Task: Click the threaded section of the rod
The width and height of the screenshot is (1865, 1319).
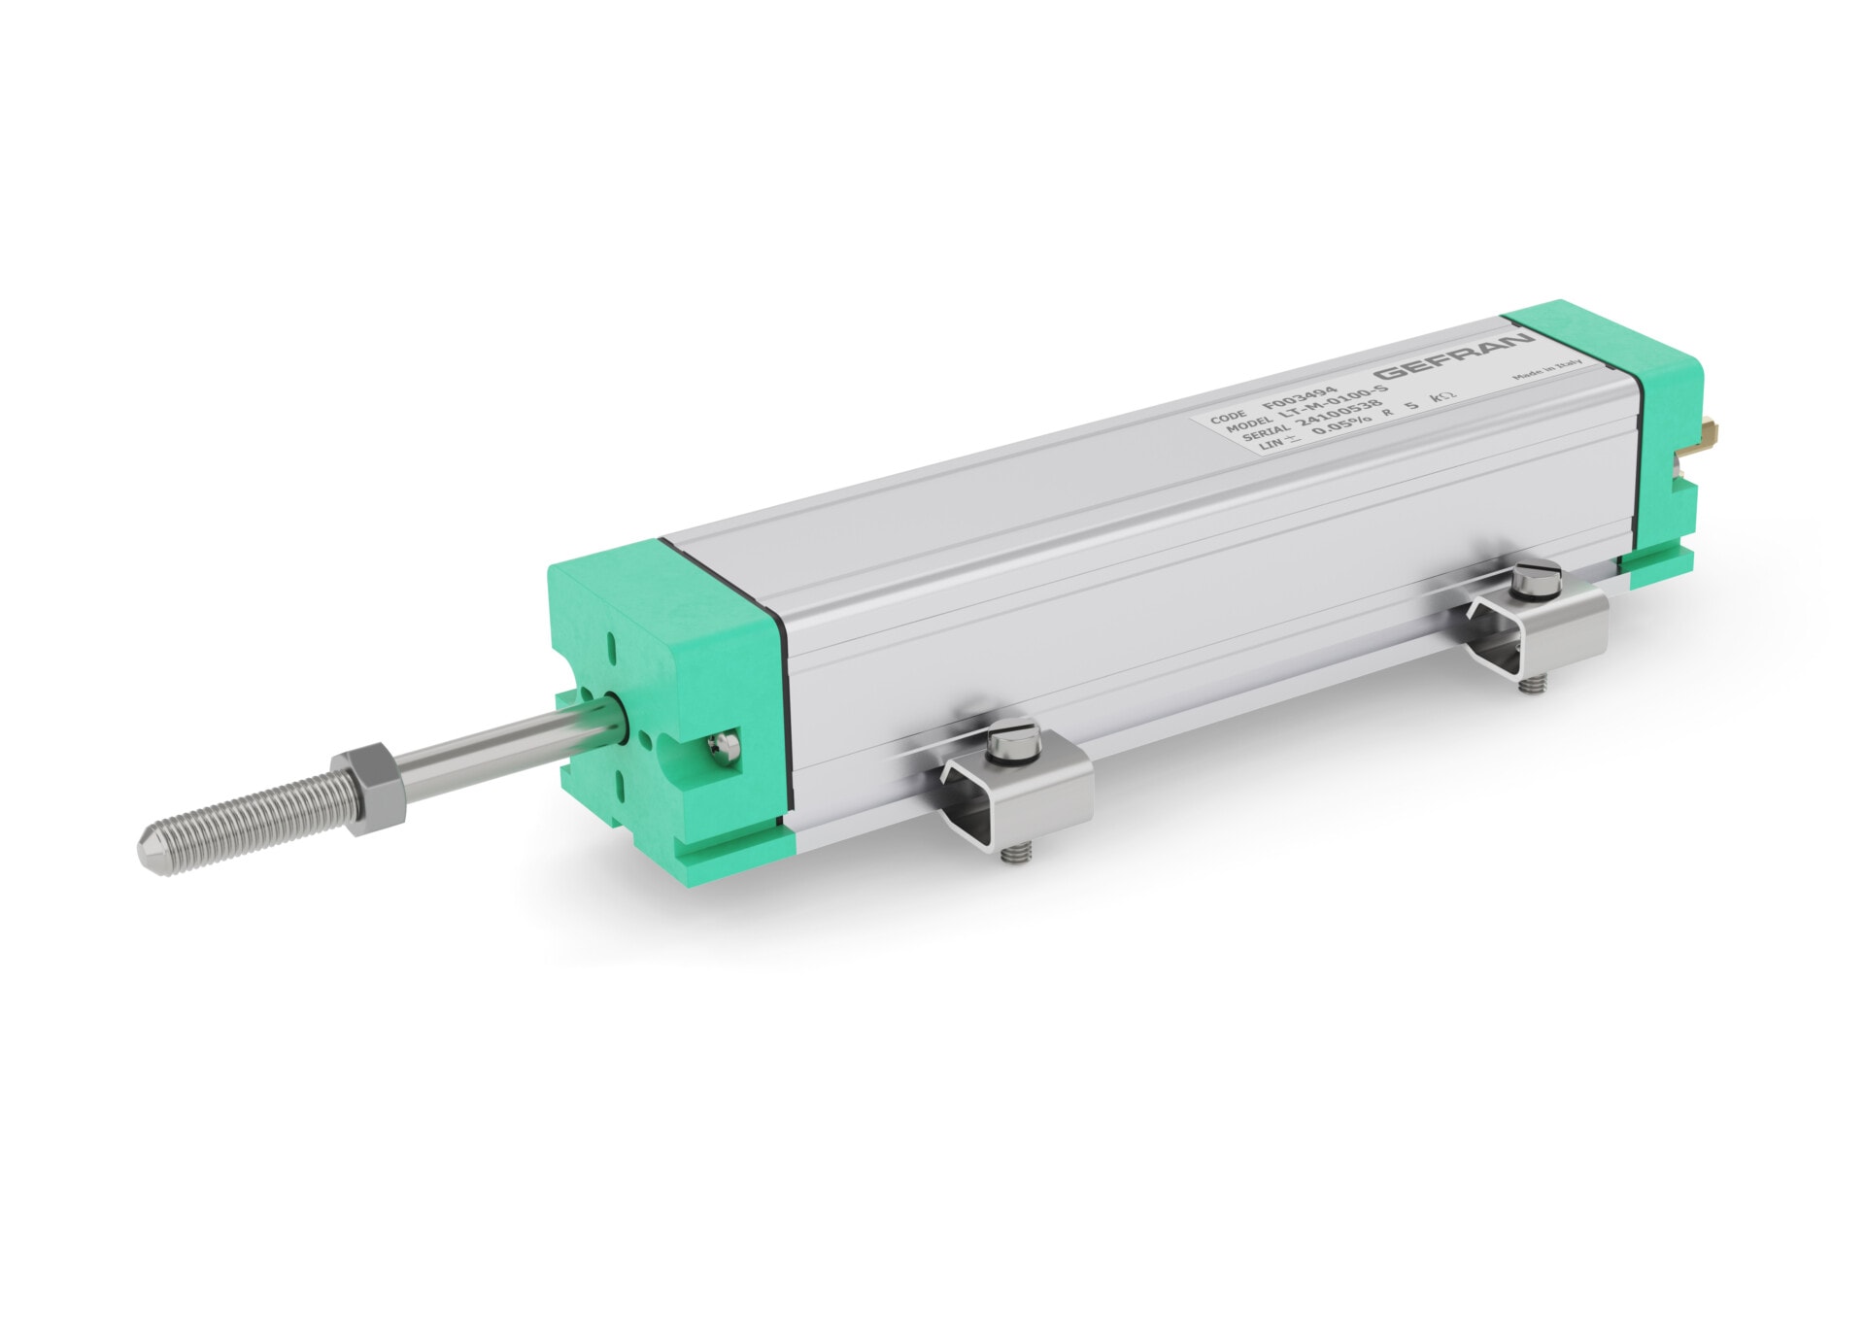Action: pos(253,825)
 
